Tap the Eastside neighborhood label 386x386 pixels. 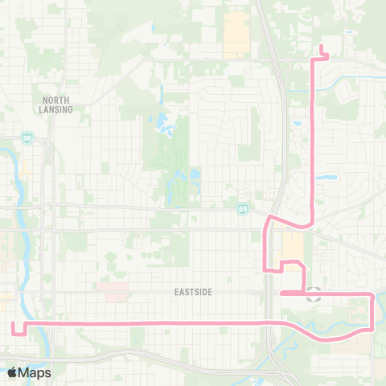pos(193,292)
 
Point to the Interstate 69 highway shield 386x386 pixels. pos(242,209)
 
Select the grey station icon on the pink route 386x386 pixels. pos(314,294)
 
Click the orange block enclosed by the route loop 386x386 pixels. pos(291,245)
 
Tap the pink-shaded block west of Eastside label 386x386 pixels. pos(111,285)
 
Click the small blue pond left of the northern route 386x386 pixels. pos(298,125)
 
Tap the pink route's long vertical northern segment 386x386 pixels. pos(312,129)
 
